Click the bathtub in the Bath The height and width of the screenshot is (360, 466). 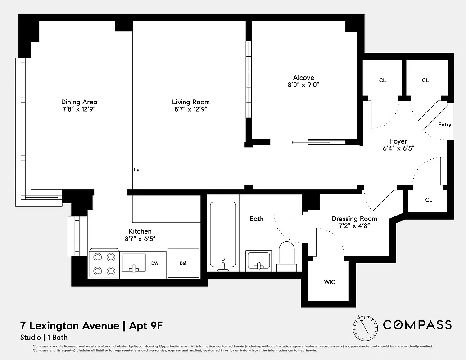(x=223, y=236)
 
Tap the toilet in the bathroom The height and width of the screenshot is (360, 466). (x=285, y=256)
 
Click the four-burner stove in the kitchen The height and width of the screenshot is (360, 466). (x=104, y=263)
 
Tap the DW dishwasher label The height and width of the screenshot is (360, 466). (x=155, y=263)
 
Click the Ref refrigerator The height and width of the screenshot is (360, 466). (x=183, y=263)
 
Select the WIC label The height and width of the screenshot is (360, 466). (x=330, y=282)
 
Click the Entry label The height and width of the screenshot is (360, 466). (x=444, y=125)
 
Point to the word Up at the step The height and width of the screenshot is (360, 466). (x=136, y=170)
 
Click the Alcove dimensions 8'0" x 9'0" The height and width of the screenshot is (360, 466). (x=303, y=85)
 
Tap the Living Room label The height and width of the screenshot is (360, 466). (x=190, y=102)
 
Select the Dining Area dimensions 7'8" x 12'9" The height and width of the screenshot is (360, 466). (x=79, y=109)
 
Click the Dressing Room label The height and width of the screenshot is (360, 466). (x=354, y=219)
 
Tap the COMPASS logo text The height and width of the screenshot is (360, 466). (x=417, y=325)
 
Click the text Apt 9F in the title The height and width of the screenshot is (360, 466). (x=149, y=325)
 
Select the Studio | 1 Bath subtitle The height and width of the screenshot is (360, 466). (x=44, y=337)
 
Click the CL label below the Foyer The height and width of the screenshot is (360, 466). (x=428, y=200)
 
